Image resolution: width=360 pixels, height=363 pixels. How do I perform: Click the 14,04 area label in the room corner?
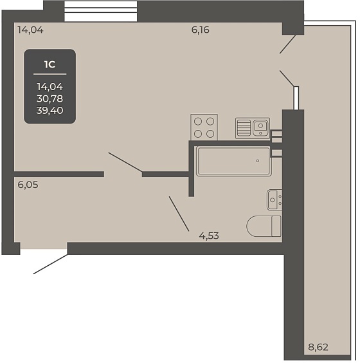point(30,30)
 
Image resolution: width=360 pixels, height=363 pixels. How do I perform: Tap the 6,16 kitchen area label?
point(200,30)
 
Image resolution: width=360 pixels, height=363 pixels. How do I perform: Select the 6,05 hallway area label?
point(28,185)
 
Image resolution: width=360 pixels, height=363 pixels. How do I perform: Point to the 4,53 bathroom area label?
point(209,236)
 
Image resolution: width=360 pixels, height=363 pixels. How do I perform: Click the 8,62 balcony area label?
point(318,347)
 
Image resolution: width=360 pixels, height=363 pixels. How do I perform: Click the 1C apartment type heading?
point(50,64)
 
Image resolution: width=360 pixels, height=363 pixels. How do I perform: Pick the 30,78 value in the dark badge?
point(50,98)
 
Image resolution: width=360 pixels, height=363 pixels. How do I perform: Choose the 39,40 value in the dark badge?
point(50,111)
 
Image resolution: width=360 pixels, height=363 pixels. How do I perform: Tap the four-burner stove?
point(204,127)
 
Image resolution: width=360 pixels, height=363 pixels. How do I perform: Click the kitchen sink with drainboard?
point(253,128)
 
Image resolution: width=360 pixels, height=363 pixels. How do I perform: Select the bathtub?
point(234,161)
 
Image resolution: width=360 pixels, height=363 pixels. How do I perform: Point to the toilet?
point(264,226)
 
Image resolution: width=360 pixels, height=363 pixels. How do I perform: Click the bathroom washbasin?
point(274,200)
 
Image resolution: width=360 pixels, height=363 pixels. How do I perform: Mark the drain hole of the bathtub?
point(258,161)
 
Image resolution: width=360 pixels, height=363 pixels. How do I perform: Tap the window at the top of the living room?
point(100,11)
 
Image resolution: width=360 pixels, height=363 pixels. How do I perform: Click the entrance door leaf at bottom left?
point(51,264)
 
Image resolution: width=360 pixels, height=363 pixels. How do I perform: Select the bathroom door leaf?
point(179,214)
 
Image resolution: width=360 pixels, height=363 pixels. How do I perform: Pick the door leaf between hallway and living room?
point(125,162)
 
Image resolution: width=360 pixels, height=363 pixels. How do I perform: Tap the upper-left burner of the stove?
point(198,121)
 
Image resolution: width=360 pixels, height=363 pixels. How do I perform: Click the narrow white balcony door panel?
point(296,98)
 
